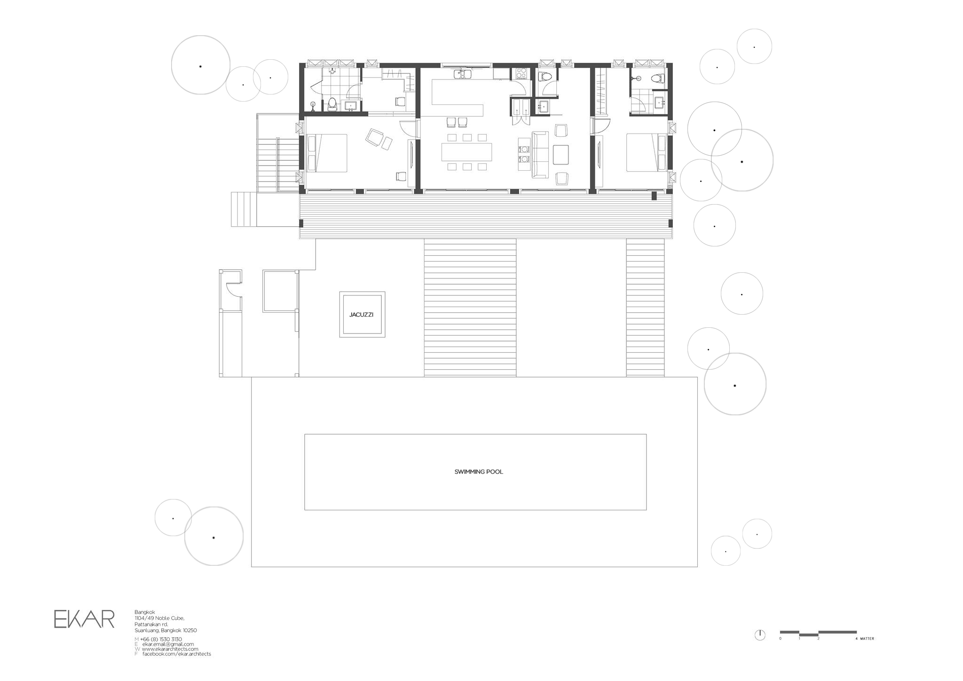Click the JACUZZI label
[361, 315]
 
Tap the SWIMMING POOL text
[478, 472]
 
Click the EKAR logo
[84, 619]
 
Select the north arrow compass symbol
[759, 635]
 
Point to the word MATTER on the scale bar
[867, 639]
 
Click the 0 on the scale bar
[780, 639]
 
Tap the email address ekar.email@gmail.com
[168, 644]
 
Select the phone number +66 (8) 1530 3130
[161, 639]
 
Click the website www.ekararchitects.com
[170, 649]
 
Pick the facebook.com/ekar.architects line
[176, 654]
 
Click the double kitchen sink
[463, 74]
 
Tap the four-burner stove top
[521, 73]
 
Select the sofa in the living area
[540, 155]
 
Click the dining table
[466, 152]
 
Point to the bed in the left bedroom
[327, 153]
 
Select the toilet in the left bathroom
[332, 104]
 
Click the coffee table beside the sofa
[561, 155]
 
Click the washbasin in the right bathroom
[659, 102]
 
